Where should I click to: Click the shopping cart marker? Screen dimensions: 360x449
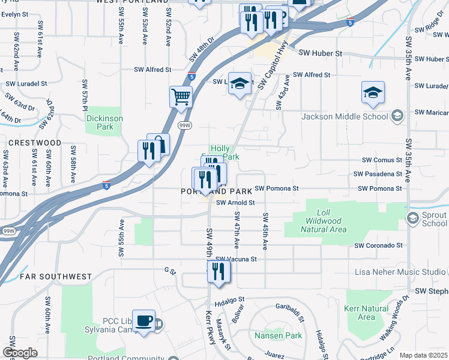point(181,96)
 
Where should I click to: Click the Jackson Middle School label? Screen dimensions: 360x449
point(345,116)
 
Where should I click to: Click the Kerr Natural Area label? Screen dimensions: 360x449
point(366,313)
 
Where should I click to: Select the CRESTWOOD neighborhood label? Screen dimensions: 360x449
point(35,143)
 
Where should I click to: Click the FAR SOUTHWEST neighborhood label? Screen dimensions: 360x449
point(56,277)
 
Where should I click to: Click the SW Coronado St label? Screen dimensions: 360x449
point(378,245)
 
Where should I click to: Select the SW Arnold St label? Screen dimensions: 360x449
point(236,203)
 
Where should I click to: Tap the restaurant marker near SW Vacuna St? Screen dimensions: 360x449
point(219,271)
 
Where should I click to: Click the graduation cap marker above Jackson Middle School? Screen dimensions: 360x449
point(373,92)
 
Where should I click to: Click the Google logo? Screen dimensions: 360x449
point(20,353)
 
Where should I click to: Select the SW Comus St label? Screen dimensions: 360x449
point(382,160)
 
